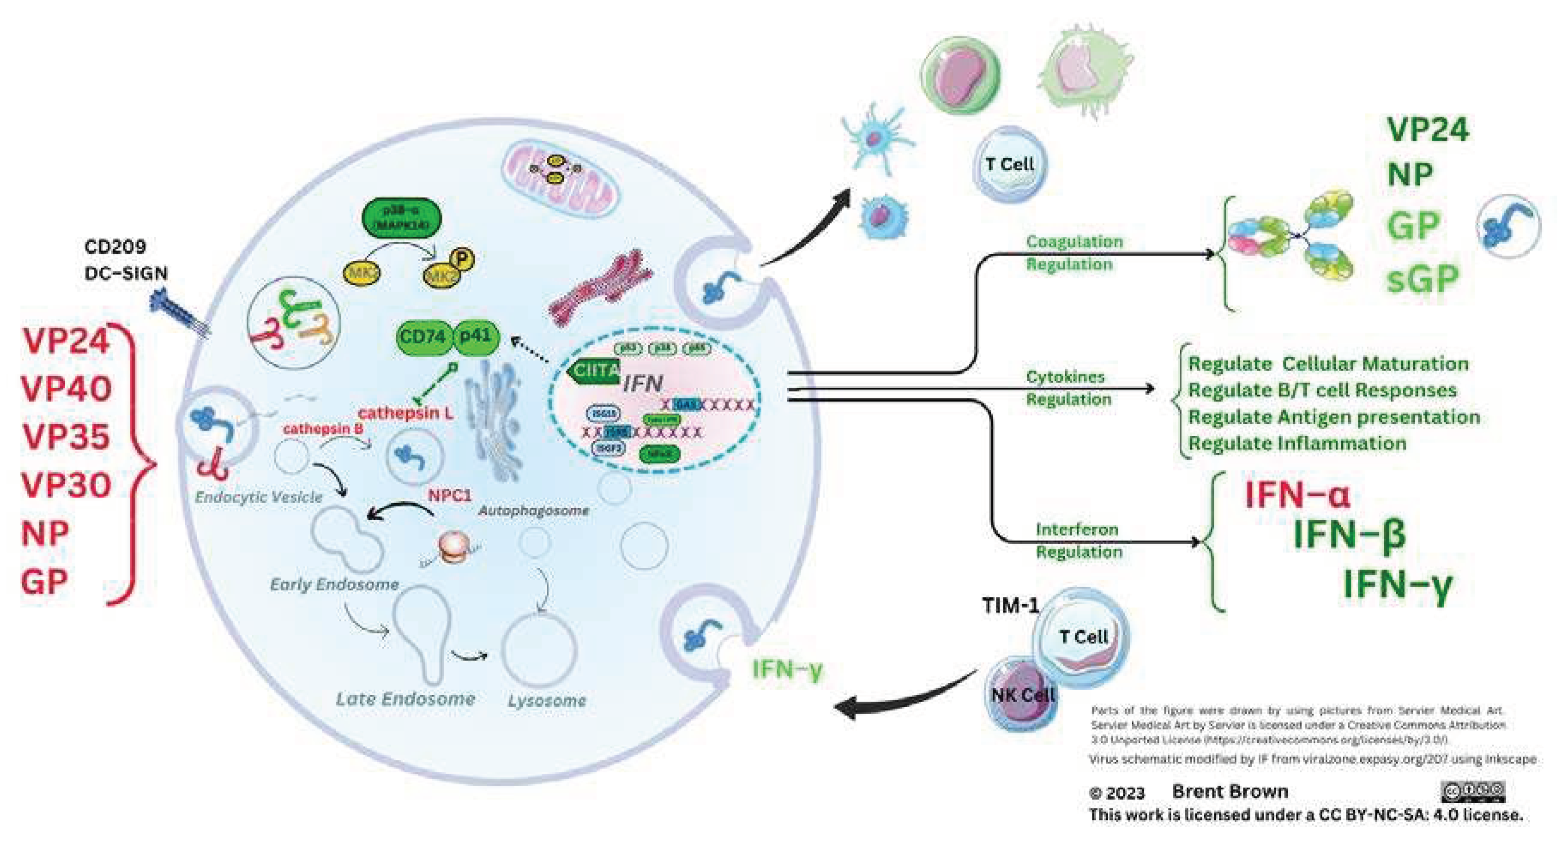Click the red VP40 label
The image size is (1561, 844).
pyautogui.click(x=66, y=389)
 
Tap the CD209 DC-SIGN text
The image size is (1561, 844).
pyautogui.click(x=125, y=260)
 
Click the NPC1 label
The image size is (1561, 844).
pyautogui.click(x=449, y=495)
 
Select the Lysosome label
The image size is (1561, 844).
pyautogui.click(x=547, y=701)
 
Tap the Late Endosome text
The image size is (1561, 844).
pyautogui.click(x=405, y=699)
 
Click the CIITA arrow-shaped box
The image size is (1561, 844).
pyautogui.click(x=594, y=370)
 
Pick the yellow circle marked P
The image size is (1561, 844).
pyautogui.click(x=462, y=260)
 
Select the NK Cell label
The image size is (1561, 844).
pyautogui.click(x=1023, y=695)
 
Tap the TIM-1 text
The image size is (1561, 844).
pyautogui.click(x=1010, y=605)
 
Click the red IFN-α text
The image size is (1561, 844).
pyautogui.click(x=1297, y=494)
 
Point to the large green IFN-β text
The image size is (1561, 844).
pyautogui.click(x=1349, y=534)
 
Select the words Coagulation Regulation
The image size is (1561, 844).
pyautogui.click(x=1074, y=253)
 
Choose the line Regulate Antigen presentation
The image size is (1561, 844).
pyautogui.click(x=1334, y=417)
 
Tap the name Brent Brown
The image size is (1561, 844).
pyautogui.click(x=1230, y=791)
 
